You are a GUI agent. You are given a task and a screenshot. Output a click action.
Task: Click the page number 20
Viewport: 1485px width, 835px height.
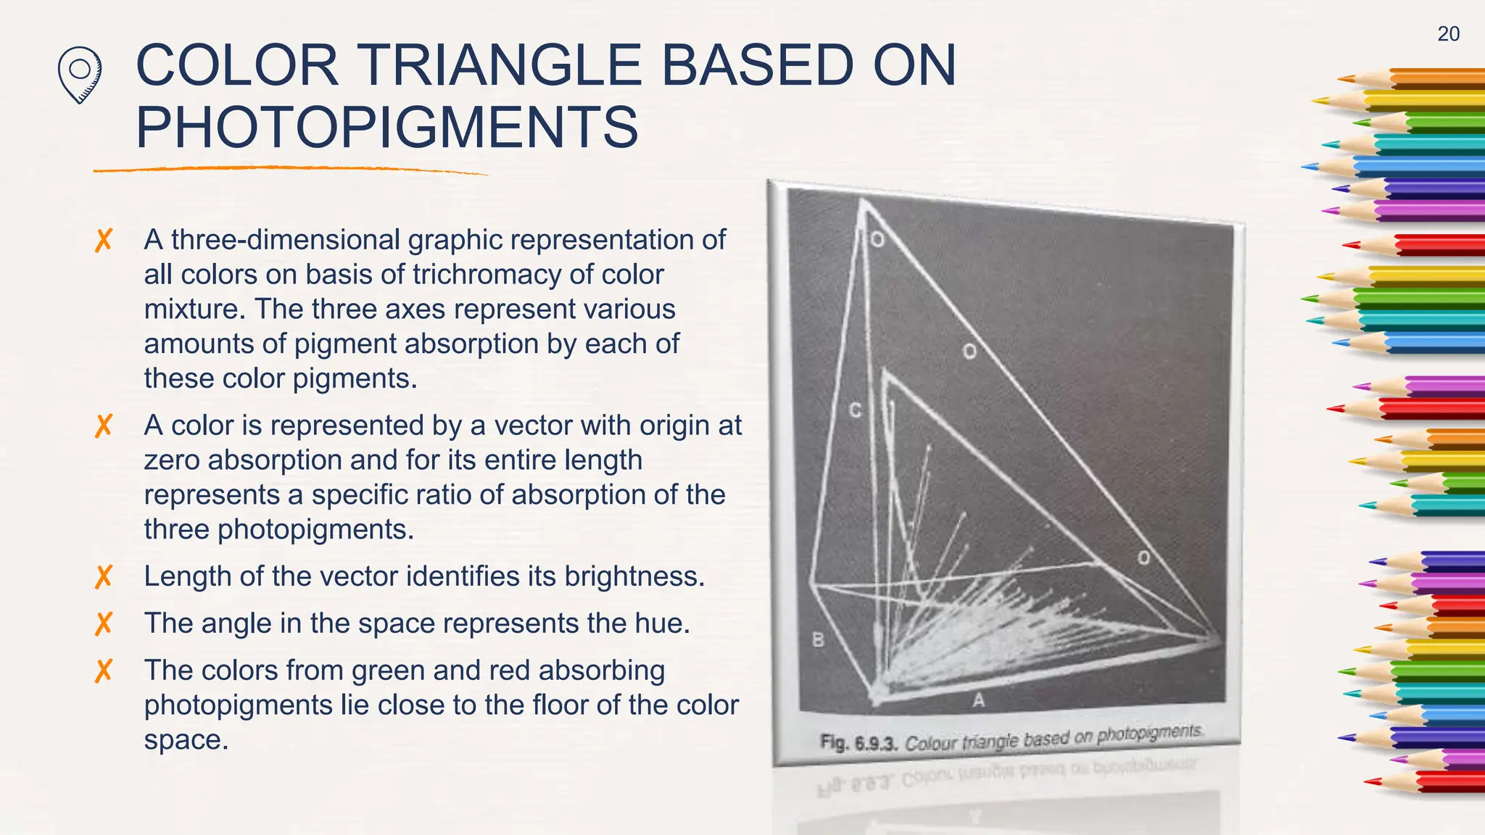(x=1448, y=34)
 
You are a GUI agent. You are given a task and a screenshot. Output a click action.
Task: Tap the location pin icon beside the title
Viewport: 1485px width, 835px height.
(x=79, y=74)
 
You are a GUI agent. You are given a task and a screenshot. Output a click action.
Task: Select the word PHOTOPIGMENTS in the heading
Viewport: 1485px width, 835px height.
(x=387, y=128)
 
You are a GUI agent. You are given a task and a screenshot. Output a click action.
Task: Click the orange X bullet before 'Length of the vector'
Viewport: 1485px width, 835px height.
(x=104, y=577)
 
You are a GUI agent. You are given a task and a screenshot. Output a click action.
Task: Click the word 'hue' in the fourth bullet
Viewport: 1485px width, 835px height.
(x=661, y=623)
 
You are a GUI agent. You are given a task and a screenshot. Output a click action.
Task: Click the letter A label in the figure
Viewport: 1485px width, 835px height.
(x=978, y=699)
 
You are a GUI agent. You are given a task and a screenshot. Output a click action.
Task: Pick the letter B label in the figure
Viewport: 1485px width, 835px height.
(x=818, y=640)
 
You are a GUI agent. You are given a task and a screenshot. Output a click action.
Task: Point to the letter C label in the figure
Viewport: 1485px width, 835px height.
(x=855, y=410)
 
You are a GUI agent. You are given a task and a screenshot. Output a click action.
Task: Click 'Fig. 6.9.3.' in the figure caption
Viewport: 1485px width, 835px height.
(x=859, y=743)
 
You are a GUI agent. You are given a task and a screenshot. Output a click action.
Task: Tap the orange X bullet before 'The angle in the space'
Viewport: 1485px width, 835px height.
(x=104, y=623)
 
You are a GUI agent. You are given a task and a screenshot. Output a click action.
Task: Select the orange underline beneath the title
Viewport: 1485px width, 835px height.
(x=290, y=170)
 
